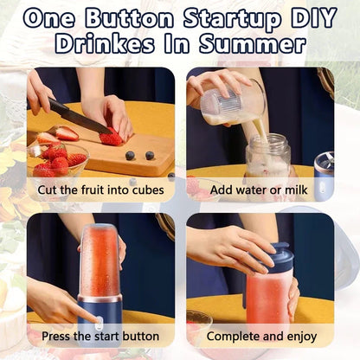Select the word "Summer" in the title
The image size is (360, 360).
coord(262,43)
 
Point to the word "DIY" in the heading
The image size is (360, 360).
coord(311,18)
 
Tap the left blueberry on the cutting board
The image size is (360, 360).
coord(130,156)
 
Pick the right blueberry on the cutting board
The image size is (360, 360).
coord(149,156)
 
